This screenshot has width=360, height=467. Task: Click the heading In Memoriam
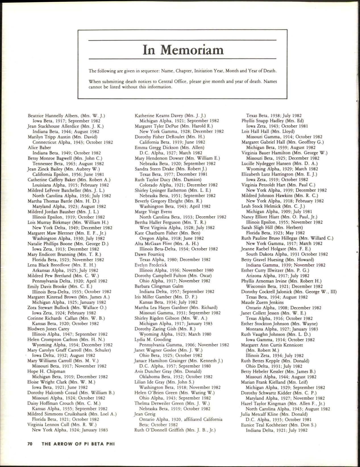coord(183,50)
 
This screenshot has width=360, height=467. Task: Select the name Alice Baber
coord(39,147)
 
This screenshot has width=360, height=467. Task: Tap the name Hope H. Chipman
coord(46,371)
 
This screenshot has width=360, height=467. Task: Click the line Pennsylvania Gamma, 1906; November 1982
coord(184,345)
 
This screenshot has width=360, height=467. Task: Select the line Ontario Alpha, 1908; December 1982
coord(284,308)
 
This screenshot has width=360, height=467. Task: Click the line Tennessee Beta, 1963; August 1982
coord(68,164)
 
